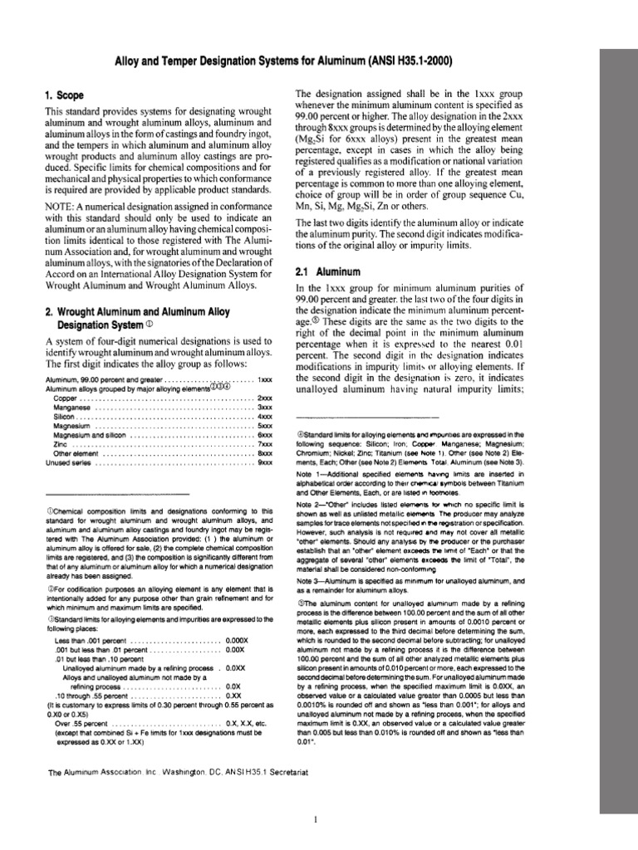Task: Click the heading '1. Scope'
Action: (68, 96)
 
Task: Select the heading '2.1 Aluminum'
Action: (326, 271)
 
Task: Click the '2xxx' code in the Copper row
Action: (265, 399)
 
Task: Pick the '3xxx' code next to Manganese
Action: (265, 408)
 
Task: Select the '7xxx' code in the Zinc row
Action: (265, 445)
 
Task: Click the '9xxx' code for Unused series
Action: (265, 463)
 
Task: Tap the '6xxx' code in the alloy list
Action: (265, 436)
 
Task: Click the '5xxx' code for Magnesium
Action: (265, 427)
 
